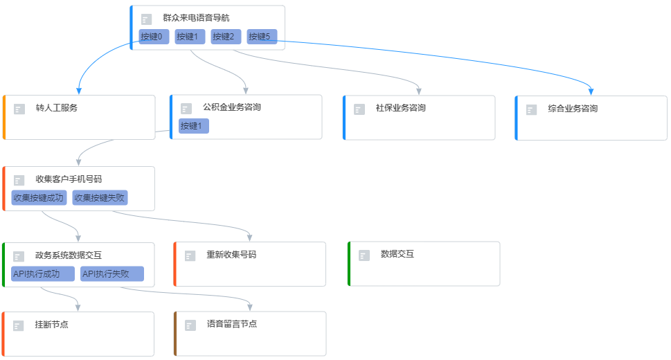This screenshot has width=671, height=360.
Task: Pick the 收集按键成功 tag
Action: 39,198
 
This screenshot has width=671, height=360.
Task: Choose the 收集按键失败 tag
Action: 100,198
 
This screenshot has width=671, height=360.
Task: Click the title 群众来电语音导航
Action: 196,18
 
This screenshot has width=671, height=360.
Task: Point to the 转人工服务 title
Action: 56,108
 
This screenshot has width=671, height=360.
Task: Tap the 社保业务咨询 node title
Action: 400,108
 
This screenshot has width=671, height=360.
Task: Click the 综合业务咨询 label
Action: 573,108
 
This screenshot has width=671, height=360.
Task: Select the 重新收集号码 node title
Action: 231,255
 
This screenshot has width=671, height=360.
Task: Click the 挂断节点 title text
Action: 51,324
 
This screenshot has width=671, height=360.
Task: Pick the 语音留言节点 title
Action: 232,324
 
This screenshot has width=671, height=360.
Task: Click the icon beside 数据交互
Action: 364,255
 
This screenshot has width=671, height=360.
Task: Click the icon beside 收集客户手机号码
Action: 19,180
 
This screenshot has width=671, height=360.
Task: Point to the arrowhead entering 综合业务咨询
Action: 591,91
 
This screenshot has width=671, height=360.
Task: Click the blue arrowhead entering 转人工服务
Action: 79,91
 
